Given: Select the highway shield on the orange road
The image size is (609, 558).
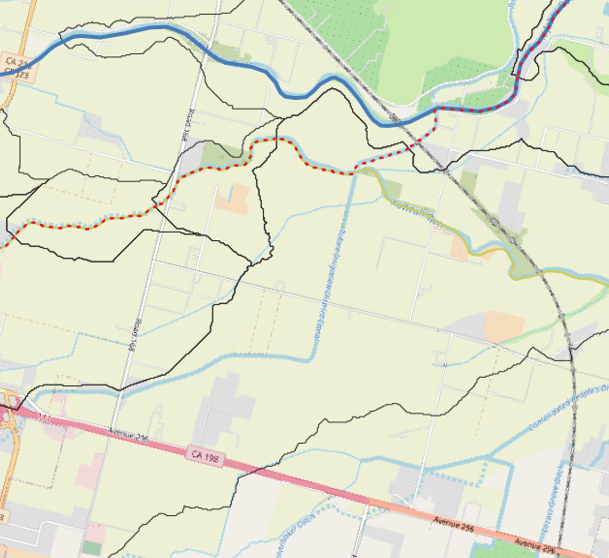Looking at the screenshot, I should tap(17, 68).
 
